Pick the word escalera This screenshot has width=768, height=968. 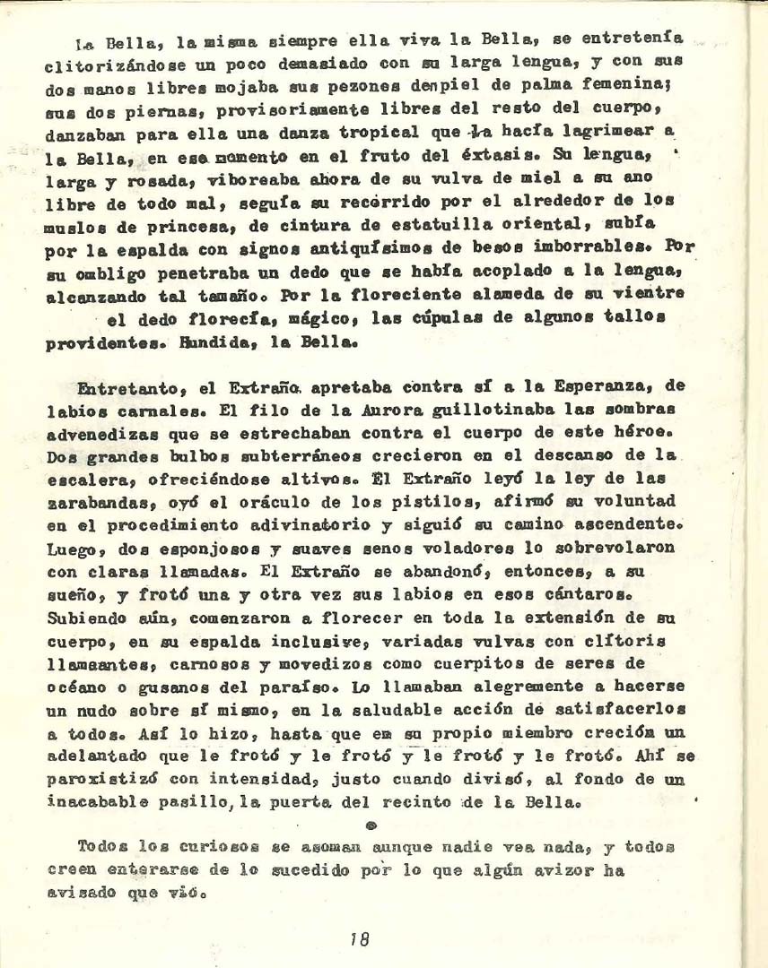coord(82,457)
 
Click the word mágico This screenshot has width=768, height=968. coord(284,317)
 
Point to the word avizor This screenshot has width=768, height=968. coord(575,870)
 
